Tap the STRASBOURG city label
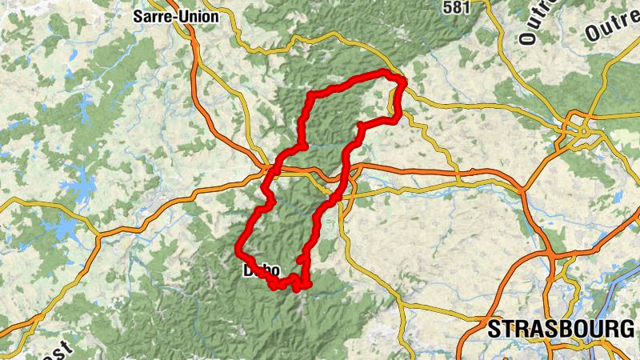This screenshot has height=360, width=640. click(x=560, y=329)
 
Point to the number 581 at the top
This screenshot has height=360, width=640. click(x=456, y=6)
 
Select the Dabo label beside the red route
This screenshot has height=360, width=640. click(x=261, y=270)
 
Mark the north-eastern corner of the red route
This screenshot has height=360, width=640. click(x=402, y=80)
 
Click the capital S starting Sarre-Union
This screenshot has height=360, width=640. click(x=138, y=15)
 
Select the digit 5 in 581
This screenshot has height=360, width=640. click(x=447, y=6)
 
